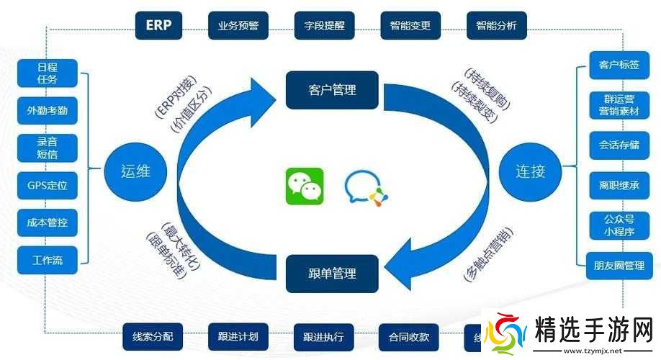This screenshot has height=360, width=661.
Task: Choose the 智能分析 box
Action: (496, 25)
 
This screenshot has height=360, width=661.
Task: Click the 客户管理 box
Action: (332, 90)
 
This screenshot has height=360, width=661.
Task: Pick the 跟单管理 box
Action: (332, 274)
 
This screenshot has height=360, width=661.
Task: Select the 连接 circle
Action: (530, 171)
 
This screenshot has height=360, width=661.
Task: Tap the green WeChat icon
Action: (304, 186)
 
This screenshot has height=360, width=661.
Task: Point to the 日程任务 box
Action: (47, 73)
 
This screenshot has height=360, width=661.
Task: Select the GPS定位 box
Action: (47, 185)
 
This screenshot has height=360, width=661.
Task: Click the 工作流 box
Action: (47, 260)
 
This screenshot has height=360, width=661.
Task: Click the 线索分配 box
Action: (153, 336)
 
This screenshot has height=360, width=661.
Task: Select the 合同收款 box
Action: (409, 336)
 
